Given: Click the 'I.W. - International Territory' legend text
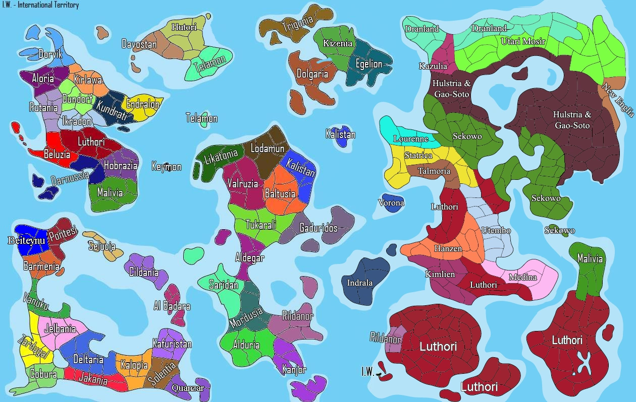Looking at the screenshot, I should (40, 5).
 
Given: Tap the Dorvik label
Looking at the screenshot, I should (50, 54).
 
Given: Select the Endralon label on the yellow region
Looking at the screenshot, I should (143, 105).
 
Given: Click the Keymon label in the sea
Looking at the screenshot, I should (167, 166).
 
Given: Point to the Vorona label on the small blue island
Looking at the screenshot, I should (391, 203).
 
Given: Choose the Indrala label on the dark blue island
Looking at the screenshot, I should (359, 283).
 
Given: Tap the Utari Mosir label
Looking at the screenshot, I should (523, 41).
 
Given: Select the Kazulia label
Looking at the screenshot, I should (433, 66).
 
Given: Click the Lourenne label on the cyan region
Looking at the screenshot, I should (411, 139).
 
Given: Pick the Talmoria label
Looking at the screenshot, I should (434, 171).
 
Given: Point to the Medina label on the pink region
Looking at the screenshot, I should (523, 277).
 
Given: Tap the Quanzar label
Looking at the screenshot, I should (188, 388).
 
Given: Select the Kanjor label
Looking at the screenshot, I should (294, 369).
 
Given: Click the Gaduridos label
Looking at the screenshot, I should (319, 228).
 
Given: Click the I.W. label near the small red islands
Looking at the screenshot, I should (368, 372).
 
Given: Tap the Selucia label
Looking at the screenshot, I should (101, 246).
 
